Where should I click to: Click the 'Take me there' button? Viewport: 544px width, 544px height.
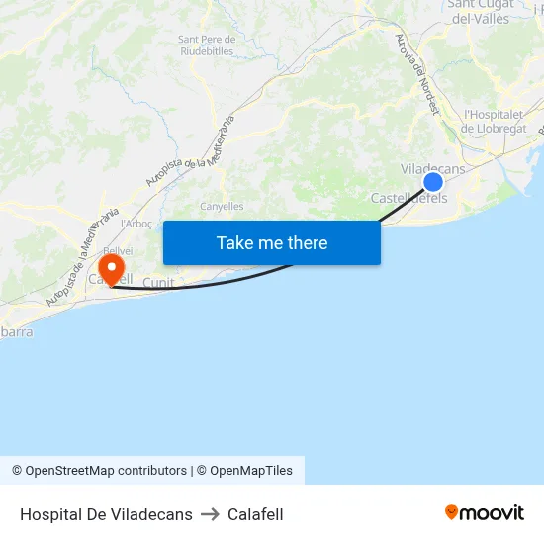(271, 242)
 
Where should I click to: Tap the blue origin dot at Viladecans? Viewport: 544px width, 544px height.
(433, 182)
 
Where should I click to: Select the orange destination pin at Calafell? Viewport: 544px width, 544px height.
(111, 267)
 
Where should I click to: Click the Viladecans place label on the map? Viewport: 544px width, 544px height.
(432, 169)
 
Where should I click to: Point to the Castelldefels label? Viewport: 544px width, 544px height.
(408, 198)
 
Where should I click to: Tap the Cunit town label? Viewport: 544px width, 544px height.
(158, 283)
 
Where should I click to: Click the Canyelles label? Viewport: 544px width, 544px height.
(222, 207)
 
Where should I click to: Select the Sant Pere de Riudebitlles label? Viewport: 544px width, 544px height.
(206, 45)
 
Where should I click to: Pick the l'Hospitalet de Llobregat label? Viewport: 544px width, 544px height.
(495, 122)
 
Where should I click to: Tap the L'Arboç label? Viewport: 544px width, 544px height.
(136, 224)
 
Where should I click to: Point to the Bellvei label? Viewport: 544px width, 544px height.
(117, 251)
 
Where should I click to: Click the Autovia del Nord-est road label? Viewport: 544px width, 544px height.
(415, 74)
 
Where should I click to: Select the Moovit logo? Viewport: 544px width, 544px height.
(485, 513)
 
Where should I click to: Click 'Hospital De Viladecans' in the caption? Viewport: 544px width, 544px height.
(106, 514)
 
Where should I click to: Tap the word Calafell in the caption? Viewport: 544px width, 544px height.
(255, 514)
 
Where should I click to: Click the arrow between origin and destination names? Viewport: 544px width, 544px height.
(210, 514)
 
